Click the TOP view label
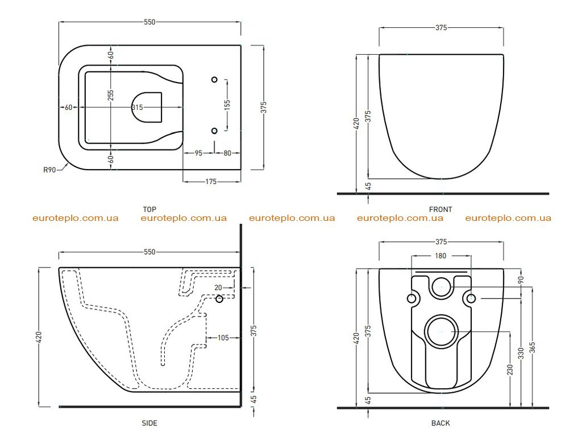pyautogui.click(x=149, y=210)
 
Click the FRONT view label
pyautogui.click(x=440, y=210)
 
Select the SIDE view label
pyautogui.click(x=149, y=423)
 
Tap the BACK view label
pyautogui.click(x=440, y=423)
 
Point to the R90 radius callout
pyautogui.click(x=49, y=170)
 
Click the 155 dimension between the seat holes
pyautogui.click(x=227, y=105)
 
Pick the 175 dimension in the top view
pyautogui.click(x=211, y=182)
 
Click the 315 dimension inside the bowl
pyautogui.click(x=137, y=108)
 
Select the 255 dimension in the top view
pyautogui.click(x=111, y=95)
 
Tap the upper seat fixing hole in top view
pyautogui.click(x=214, y=80)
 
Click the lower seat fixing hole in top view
pyautogui.click(x=214, y=131)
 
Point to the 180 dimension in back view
pyautogui.click(x=440, y=256)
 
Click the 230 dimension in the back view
pyautogui.click(x=510, y=370)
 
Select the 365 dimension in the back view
pyautogui.click(x=532, y=348)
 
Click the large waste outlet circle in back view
pyautogui.click(x=441, y=332)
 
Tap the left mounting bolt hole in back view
pyautogui.click(x=411, y=298)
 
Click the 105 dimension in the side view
pyautogui.click(x=223, y=338)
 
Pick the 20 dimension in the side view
pyautogui.click(x=218, y=288)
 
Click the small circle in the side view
pyautogui.click(x=219, y=298)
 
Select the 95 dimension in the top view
pyautogui.click(x=198, y=153)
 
